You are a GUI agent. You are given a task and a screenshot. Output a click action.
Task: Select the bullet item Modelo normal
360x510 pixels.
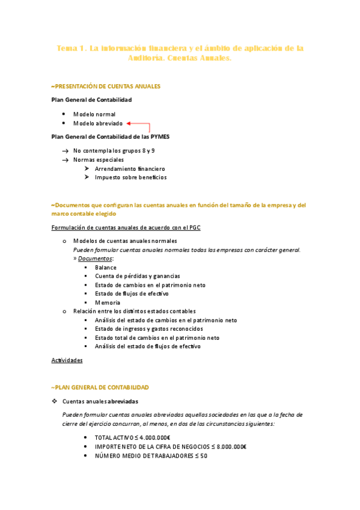(94, 114)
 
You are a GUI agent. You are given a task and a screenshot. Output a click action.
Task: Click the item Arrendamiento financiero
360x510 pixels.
(130, 169)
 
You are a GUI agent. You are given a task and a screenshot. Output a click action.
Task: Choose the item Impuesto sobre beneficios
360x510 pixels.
(130, 177)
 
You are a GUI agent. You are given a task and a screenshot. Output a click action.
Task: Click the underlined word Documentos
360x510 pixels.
(95, 258)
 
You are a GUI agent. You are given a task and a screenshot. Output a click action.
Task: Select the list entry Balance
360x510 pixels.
(105, 267)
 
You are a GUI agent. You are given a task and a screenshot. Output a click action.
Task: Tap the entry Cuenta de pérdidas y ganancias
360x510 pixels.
(137, 275)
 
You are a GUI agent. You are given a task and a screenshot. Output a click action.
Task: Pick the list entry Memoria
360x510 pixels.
(108, 303)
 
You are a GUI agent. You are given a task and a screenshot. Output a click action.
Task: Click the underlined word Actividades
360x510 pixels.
(67, 360)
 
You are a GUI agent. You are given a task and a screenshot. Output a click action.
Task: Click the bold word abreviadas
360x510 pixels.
(123, 401)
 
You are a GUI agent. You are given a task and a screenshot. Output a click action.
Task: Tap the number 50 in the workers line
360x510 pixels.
(203, 456)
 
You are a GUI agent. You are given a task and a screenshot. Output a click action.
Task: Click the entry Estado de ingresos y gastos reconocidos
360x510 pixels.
(148, 329)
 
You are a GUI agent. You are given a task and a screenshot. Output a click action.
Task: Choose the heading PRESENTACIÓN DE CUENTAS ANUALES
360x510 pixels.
(108, 87)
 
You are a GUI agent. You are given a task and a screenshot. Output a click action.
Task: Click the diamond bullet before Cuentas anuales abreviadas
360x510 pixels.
(55, 401)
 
